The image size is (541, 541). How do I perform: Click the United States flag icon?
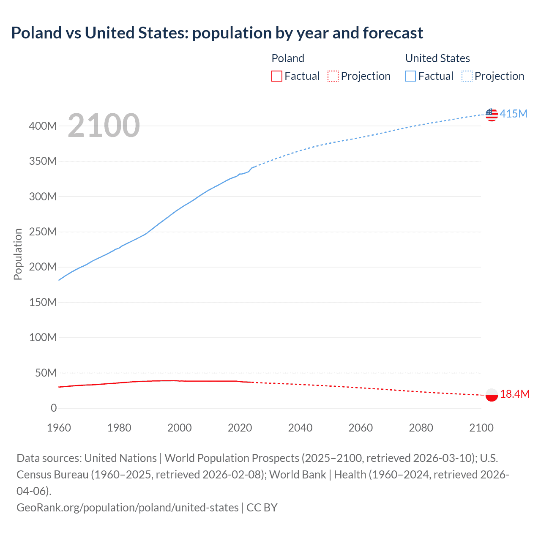[x=492, y=115]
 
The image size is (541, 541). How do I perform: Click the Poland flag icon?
[x=492, y=395]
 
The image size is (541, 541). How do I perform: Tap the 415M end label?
[x=514, y=114]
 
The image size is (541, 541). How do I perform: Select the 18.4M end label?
[x=514, y=394]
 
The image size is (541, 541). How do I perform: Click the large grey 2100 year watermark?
[x=104, y=126]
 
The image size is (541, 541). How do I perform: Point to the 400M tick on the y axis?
[x=43, y=126]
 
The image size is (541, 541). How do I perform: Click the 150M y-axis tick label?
[x=43, y=302]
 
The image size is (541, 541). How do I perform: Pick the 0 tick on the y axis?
[x=54, y=408]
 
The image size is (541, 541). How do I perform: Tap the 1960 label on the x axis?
[x=59, y=428]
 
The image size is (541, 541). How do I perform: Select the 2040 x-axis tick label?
[x=300, y=428]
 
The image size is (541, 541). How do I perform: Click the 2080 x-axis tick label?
[x=421, y=428]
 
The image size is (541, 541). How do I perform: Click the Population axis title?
[x=18, y=254]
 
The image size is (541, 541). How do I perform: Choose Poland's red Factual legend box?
[x=277, y=76]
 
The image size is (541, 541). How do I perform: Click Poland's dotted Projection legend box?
[x=333, y=76]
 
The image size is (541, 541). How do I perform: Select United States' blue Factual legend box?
[x=410, y=76]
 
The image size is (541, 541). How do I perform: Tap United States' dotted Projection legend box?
[x=467, y=76]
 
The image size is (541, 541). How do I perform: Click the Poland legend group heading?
[x=288, y=58]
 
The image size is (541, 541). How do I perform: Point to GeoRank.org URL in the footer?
[x=127, y=507]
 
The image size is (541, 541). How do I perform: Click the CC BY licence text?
[x=262, y=507]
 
